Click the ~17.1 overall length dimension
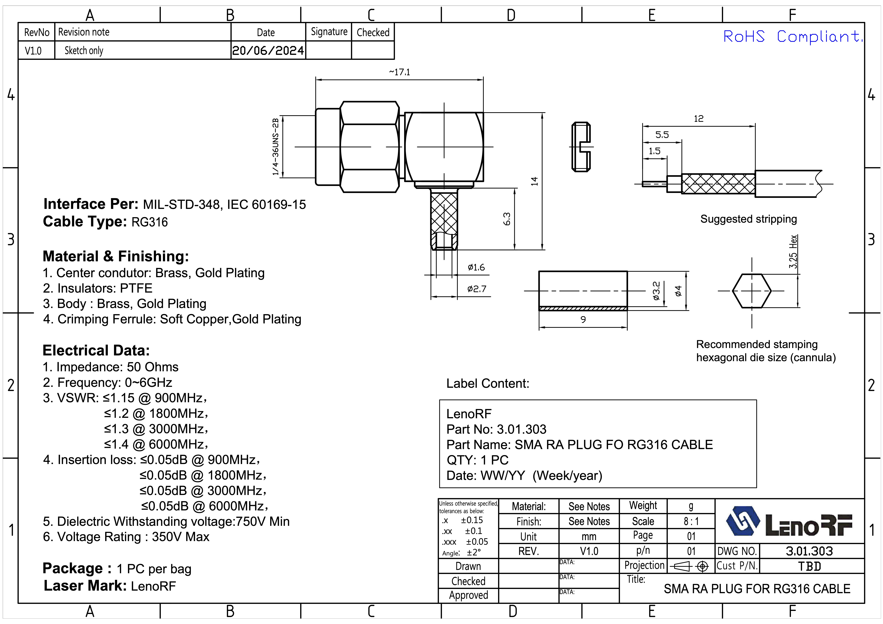(400, 72)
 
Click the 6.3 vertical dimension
(507, 219)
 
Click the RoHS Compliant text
(792, 37)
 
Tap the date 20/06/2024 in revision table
(268, 50)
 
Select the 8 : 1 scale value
(691, 521)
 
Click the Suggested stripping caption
(748, 219)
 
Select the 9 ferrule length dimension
(583, 319)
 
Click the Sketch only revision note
(84, 50)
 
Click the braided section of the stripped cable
(718, 184)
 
